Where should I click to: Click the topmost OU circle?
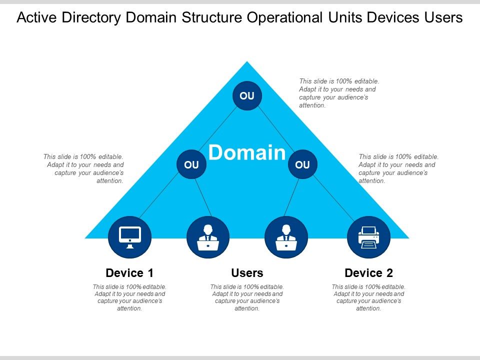[247, 95]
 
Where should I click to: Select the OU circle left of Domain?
[191, 164]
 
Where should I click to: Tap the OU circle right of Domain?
[302, 164]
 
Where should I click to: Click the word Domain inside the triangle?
[247, 152]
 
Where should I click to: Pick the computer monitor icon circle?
[130, 237]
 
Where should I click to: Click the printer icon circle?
[368, 237]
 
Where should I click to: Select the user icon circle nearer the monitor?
[208, 237]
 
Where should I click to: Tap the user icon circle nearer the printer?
[286, 237]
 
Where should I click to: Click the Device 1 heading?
[129, 273]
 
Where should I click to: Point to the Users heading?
[247, 273]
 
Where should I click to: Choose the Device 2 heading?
[369, 273]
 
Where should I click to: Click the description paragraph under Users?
[247, 297]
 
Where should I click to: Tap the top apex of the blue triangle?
[247, 62]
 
